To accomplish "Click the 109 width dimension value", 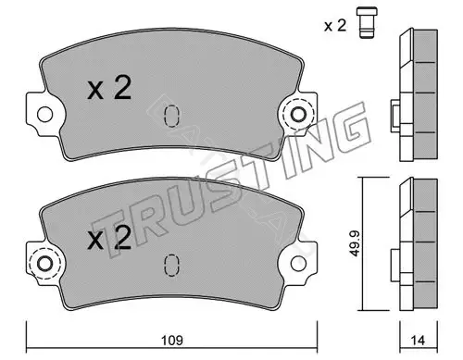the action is (x=172, y=341).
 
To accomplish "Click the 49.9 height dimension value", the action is (x=355, y=243).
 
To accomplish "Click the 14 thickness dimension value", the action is (x=418, y=341).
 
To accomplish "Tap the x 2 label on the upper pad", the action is (x=109, y=88).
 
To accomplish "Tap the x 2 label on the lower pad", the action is (x=109, y=237).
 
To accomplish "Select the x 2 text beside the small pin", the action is (x=335, y=26).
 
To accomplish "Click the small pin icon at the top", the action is (x=367, y=22).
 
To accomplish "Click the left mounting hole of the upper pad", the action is (x=44, y=115).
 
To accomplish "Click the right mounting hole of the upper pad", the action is (x=298, y=115).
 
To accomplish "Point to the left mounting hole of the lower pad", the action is (x=44, y=264).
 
